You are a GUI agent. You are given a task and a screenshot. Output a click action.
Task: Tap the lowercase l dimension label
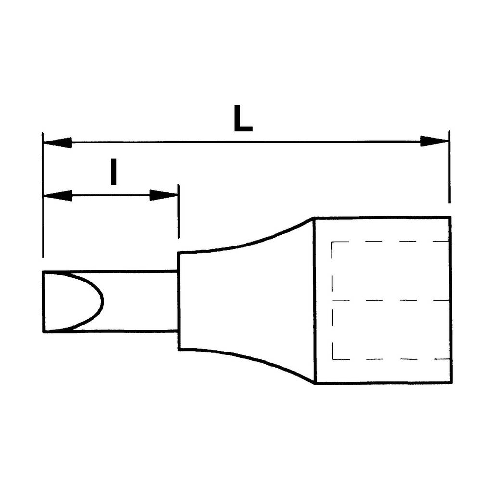114,172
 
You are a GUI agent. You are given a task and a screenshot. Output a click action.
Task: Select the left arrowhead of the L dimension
57,143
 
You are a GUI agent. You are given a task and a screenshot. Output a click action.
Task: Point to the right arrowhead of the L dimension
434,141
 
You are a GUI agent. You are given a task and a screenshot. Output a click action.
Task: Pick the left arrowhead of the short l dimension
57,196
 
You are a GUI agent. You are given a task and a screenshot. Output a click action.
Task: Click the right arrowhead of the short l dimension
164,196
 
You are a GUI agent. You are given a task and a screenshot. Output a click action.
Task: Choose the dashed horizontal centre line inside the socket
389,300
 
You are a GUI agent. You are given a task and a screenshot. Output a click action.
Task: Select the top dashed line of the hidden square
389,242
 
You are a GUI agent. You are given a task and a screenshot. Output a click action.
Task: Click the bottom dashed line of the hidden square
389,359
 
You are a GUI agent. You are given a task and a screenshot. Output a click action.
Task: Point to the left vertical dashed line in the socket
332,301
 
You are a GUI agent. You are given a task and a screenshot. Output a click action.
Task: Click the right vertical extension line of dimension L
449,168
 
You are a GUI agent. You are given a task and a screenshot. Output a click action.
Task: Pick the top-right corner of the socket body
450,217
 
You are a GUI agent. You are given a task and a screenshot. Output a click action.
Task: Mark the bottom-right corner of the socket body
450,383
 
